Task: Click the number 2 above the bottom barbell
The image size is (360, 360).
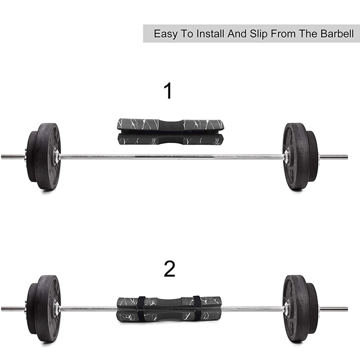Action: click(x=169, y=269)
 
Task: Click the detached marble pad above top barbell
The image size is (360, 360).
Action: click(x=171, y=131)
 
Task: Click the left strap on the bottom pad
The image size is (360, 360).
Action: click(x=141, y=309)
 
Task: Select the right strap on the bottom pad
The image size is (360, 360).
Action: click(x=197, y=309)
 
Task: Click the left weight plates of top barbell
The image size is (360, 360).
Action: click(x=44, y=156)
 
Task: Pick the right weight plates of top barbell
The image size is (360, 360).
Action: click(x=298, y=156)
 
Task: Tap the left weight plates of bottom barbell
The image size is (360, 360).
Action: click(x=44, y=309)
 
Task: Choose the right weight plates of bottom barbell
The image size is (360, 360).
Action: click(x=298, y=309)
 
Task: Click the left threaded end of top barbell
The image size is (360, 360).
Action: click(x=13, y=157)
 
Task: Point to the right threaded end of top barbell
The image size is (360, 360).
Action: click(x=333, y=157)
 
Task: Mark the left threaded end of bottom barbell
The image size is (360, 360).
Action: click(x=13, y=309)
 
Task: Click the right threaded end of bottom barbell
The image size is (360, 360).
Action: click(x=333, y=309)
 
